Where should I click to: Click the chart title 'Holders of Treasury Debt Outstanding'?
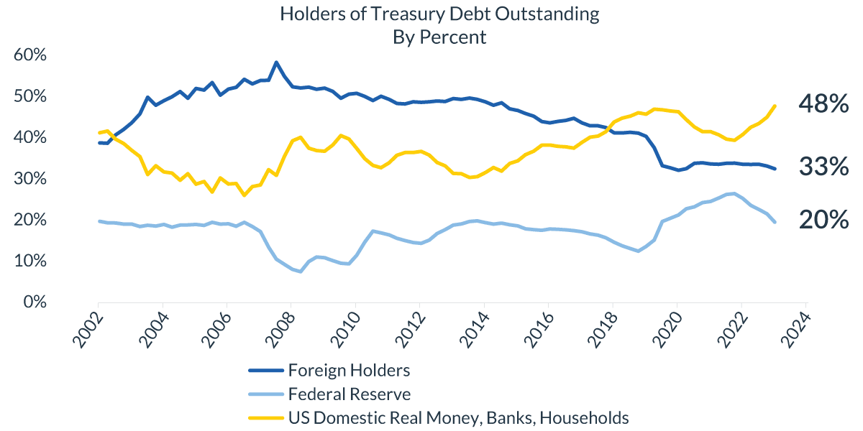click(x=439, y=14)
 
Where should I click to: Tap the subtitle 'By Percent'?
click(x=439, y=37)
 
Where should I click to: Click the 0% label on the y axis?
click(x=35, y=302)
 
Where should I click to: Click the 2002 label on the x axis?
click(x=88, y=331)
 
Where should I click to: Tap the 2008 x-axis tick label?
click(x=280, y=331)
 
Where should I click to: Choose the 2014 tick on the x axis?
click(x=472, y=331)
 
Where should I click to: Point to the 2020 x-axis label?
click(x=665, y=331)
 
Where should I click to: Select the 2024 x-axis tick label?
click(x=794, y=331)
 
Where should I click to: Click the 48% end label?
click(x=823, y=105)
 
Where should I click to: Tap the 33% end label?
click(x=823, y=167)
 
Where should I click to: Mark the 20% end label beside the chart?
click(x=823, y=221)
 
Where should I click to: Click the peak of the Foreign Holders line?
click(x=276, y=62)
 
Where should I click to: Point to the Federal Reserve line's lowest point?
click(x=300, y=272)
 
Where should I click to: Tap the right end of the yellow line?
click(x=775, y=106)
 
